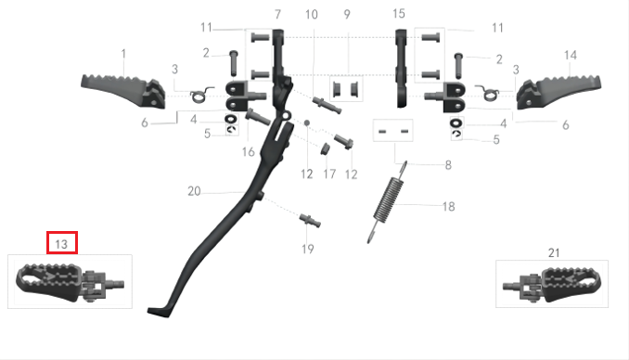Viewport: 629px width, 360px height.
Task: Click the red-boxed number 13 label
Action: [61, 244]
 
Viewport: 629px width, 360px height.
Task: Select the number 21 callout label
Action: [554, 253]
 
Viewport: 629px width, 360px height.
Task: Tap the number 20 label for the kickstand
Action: [194, 191]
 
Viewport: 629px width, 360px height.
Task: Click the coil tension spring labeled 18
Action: [388, 201]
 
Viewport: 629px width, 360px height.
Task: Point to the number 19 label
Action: [308, 250]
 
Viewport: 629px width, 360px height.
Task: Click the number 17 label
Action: [329, 174]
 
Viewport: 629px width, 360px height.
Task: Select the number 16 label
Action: [249, 152]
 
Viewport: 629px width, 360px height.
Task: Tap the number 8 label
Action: [448, 165]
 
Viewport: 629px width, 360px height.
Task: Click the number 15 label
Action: [399, 14]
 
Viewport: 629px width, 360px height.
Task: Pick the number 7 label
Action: [277, 15]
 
